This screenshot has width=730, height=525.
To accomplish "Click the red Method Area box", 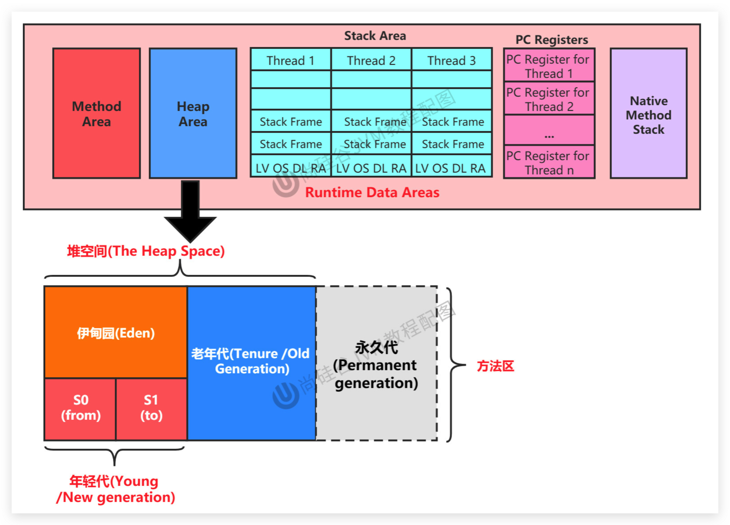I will click(x=97, y=113).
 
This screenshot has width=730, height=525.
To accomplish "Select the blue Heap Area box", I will click(x=193, y=113).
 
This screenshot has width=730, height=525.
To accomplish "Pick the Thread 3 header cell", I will click(x=451, y=60).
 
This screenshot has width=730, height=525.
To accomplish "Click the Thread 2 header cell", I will click(x=371, y=60).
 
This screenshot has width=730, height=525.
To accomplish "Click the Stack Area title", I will click(x=375, y=36).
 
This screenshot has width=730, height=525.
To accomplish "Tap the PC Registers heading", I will click(x=552, y=40).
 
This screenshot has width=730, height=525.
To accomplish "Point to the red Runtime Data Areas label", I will click(x=372, y=192).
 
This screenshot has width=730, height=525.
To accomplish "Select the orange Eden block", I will click(x=116, y=332).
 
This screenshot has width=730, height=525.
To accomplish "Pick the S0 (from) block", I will click(x=80, y=408).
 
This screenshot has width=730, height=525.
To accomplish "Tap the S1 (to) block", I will click(x=151, y=408).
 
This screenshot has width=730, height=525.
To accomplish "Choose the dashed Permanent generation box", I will click(x=376, y=364).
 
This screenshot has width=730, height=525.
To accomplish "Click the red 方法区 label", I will click(x=495, y=366).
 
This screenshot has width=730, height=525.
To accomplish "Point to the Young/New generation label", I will click(x=115, y=489).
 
